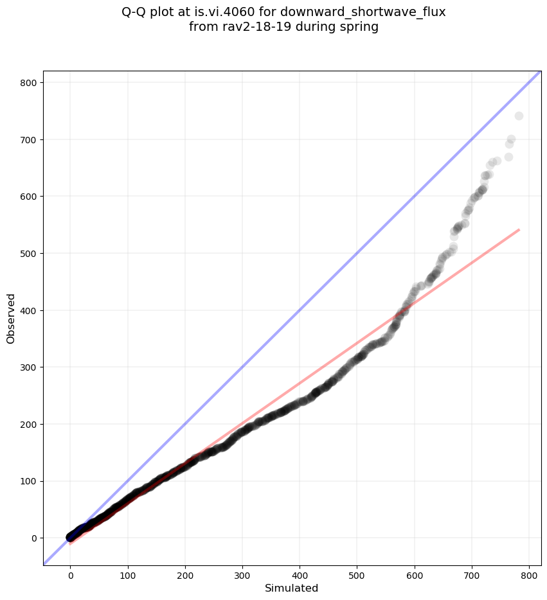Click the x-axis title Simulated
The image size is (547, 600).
pos(292,588)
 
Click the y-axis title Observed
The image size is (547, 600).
pos(11,318)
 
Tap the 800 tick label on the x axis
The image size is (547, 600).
pos(529,570)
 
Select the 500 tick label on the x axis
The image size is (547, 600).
pos(357,570)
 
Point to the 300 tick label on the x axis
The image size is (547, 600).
pos(242,570)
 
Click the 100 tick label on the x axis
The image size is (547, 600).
pos(128,570)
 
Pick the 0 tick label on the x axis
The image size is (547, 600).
pos(71,570)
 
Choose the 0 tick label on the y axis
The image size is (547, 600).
pos(33,538)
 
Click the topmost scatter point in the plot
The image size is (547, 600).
pos(519,116)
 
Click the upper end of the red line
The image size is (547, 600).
pos(519,229)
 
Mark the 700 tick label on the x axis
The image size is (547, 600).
pos(472,570)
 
